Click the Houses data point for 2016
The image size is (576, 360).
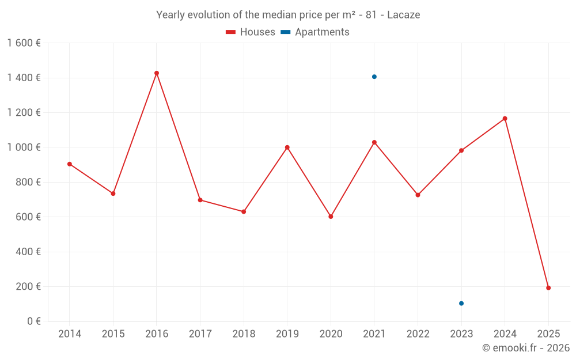click(157, 73)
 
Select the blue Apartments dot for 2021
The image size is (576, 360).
click(374, 77)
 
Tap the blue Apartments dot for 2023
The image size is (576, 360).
click(461, 304)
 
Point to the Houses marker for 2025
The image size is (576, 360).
click(548, 288)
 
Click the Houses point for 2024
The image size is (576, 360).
click(505, 119)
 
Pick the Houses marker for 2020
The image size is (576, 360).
click(331, 217)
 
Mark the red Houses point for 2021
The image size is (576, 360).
click(374, 142)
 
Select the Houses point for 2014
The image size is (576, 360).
click(70, 164)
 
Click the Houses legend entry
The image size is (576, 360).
click(251, 32)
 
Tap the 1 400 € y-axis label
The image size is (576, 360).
click(24, 78)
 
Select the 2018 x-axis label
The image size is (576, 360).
click(244, 334)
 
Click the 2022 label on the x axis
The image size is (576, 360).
click(418, 334)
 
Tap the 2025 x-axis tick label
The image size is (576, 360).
click(548, 334)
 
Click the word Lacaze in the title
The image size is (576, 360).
click(403, 15)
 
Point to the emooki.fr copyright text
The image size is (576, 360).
click(526, 348)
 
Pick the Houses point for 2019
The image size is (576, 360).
click(287, 147)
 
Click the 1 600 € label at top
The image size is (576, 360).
click(24, 43)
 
